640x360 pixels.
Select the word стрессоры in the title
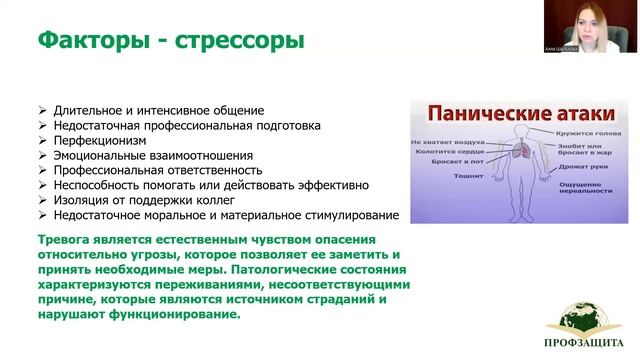pos(240,42)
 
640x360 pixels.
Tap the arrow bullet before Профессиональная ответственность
pos(40,171)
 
